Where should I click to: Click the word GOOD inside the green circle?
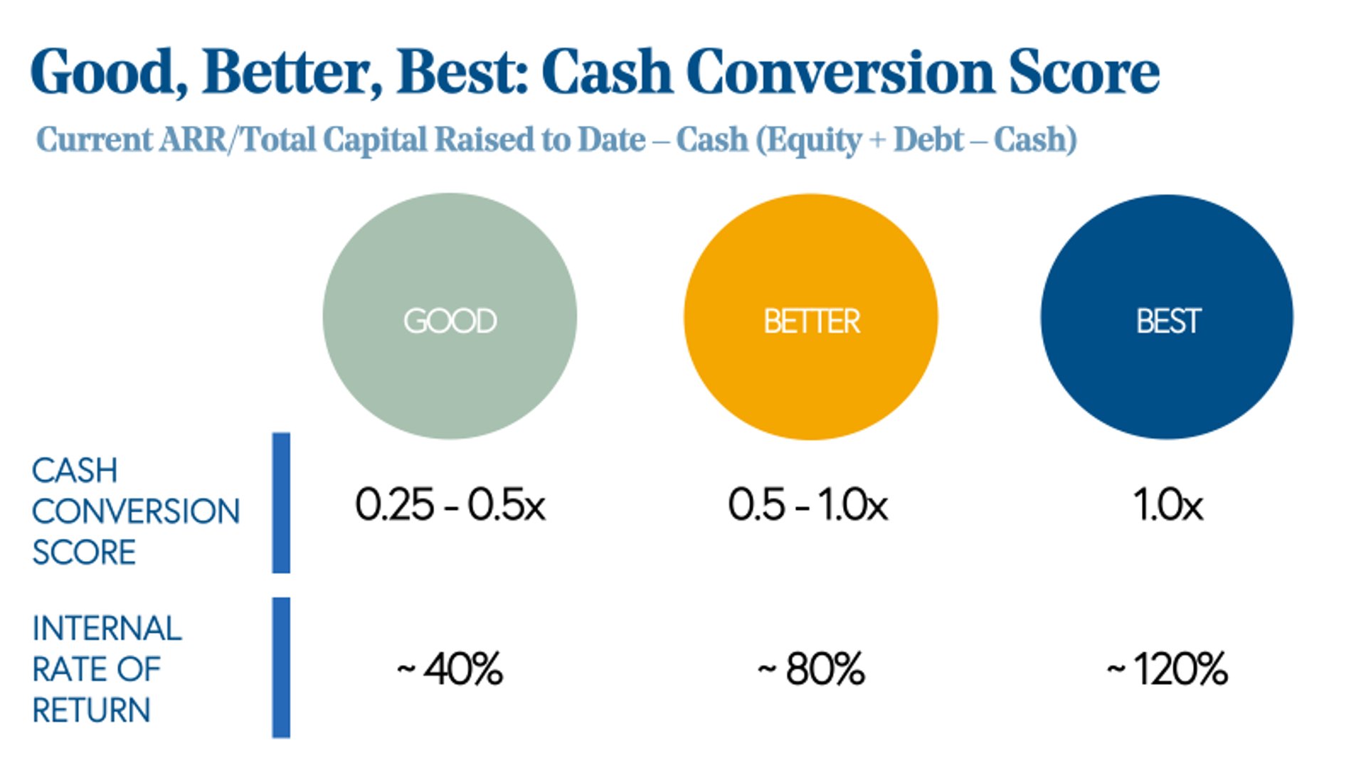[450, 321]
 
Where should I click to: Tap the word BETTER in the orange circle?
[812, 321]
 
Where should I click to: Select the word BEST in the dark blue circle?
[1168, 321]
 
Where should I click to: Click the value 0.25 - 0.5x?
[450, 506]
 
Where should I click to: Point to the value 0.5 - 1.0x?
[808, 506]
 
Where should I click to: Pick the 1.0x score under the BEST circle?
[1168, 506]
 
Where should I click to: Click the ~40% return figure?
[450, 669]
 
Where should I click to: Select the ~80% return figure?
[811, 669]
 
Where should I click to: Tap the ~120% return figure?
[1168, 669]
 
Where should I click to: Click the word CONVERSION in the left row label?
[136, 511]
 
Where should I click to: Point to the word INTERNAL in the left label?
[107, 629]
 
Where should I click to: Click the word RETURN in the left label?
[91, 710]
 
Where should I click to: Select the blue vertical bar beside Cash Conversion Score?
[281, 503]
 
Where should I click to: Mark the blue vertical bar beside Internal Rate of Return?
[281, 667]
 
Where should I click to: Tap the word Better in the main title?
[292, 73]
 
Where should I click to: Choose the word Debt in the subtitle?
[928, 139]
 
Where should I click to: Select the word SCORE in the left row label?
[84, 553]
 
